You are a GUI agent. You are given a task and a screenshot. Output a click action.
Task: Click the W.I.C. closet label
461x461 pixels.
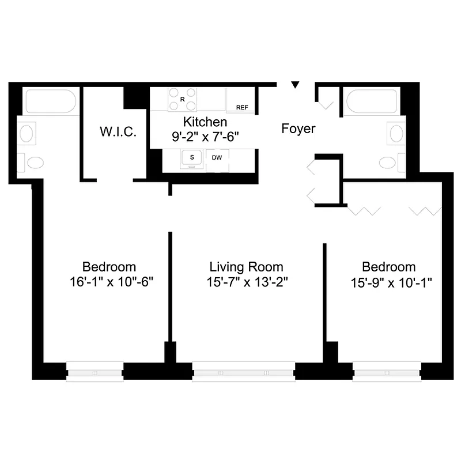pos(118,132)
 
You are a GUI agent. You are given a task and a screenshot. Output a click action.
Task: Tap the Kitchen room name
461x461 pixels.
pos(205,122)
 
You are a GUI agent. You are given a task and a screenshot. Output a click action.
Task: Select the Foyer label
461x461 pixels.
pos(298,129)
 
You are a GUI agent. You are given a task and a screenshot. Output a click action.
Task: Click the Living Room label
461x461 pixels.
pos(246,267)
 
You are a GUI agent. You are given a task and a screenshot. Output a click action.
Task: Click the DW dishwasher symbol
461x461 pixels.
pos(217,157)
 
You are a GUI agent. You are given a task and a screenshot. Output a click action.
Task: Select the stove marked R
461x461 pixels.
pos(183,100)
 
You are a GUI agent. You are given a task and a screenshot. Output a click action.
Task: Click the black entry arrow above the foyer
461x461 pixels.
pos(296,85)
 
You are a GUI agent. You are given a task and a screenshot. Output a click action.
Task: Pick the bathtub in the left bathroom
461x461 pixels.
pos(51,101)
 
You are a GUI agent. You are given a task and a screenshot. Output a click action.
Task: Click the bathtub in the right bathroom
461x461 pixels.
pos(372,101)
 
